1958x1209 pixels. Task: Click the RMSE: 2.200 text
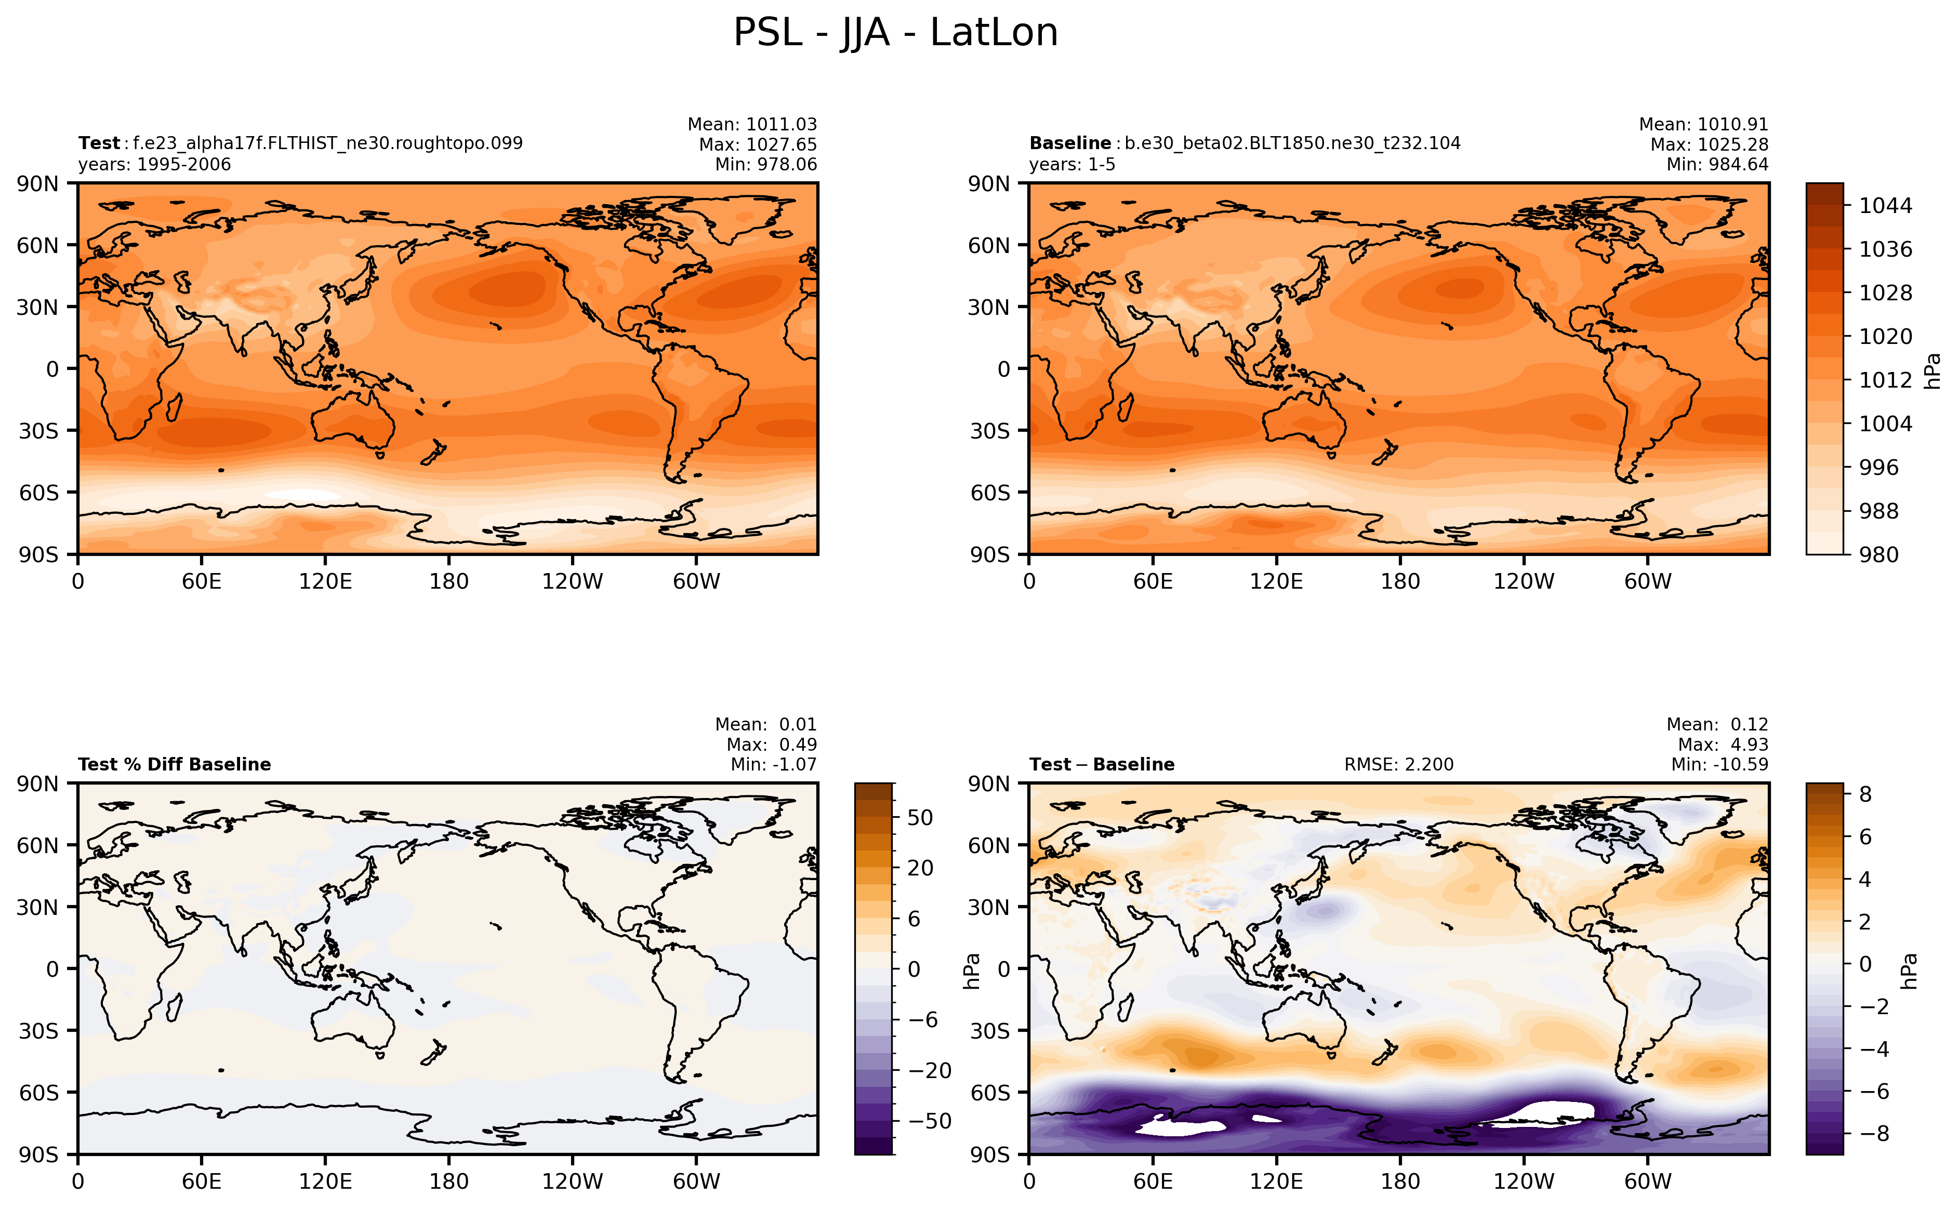pos(1398,764)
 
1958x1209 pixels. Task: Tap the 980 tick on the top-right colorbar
pos(1878,554)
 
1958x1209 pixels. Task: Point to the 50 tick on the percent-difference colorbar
pos(919,817)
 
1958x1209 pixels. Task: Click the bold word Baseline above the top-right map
pos(1070,143)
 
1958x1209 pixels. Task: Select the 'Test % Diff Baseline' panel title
pos(174,764)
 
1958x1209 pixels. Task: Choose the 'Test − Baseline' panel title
pos(1102,764)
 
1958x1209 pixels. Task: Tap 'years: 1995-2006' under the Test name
pos(154,165)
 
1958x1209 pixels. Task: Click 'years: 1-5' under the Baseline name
pos(1071,165)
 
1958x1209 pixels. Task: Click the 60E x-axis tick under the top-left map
pos(202,581)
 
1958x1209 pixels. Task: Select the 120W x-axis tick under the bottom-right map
pos(1524,1181)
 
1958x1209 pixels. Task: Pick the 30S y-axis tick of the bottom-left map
pos(38,1031)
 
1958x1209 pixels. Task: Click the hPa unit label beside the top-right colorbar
pos(1933,371)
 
